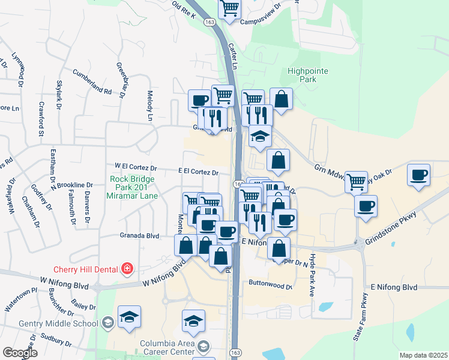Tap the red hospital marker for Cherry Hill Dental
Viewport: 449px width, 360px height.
pos(127,268)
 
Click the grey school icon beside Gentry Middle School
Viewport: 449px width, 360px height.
pos(107,323)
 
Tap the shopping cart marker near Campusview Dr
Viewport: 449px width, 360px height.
pos(229,10)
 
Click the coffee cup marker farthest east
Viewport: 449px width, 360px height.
pos(418,175)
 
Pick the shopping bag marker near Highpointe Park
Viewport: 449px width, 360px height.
pos(281,99)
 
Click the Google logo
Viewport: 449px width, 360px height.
pos(20,353)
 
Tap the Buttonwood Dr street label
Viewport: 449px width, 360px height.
pos(270,286)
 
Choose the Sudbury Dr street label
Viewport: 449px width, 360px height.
pos(55,340)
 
